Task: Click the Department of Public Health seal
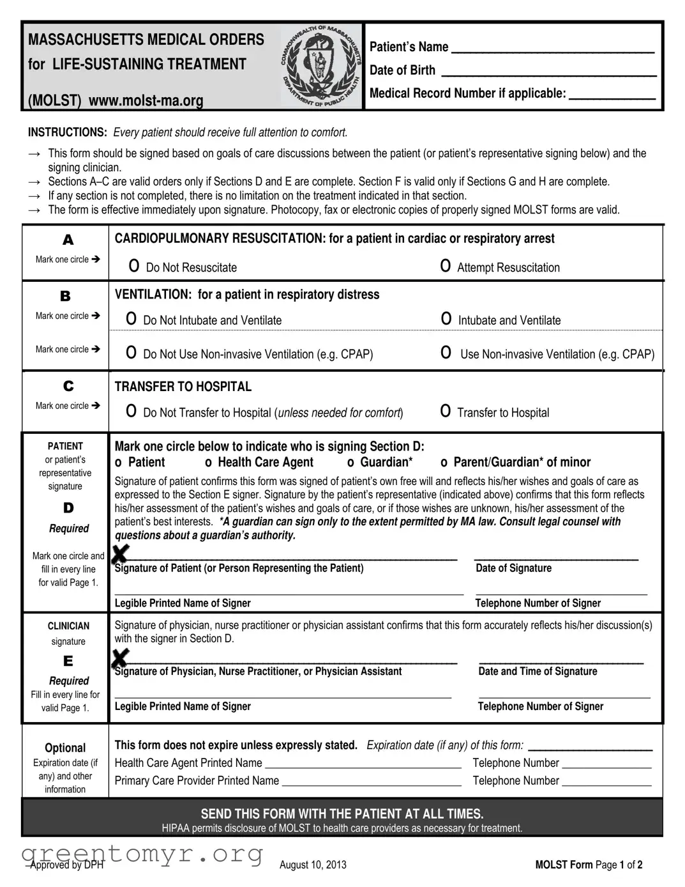(320, 66)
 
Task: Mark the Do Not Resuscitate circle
(134, 266)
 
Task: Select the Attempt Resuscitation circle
(446, 266)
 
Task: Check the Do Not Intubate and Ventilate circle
(132, 319)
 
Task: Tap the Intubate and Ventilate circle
(446, 319)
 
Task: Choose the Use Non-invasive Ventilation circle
(446, 353)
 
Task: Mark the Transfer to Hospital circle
(446, 412)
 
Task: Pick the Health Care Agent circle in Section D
(208, 463)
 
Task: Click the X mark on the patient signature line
(120, 553)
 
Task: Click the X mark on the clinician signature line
(120, 657)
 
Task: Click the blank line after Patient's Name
(552, 49)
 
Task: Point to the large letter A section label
(68, 240)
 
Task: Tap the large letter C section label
(68, 387)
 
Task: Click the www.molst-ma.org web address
(146, 101)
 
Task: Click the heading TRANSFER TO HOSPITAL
(183, 387)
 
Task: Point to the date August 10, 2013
(313, 865)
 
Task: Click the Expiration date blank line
(590, 746)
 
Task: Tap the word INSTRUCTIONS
(67, 132)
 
